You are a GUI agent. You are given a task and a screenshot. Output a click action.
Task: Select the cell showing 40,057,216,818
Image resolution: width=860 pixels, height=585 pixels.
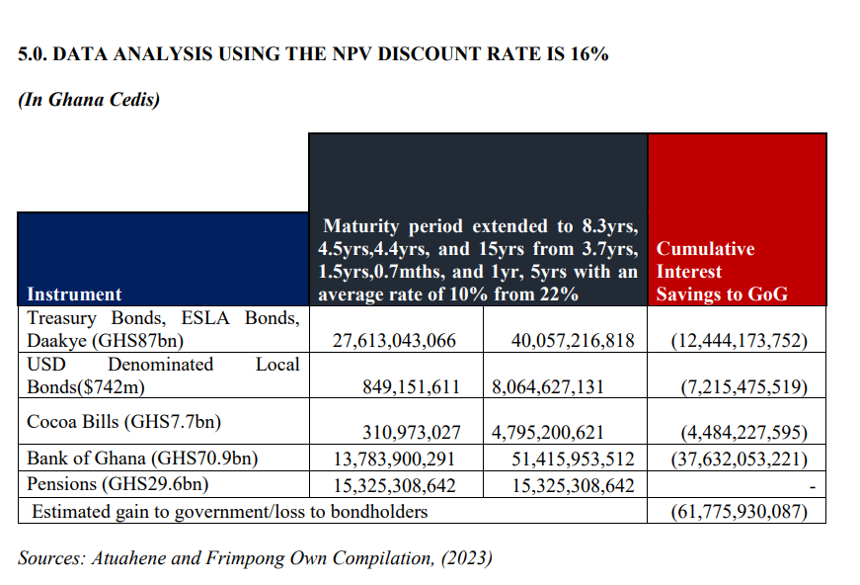point(573,341)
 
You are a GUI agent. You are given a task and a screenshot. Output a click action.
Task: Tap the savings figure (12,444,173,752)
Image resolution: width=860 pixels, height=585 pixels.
point(739,341)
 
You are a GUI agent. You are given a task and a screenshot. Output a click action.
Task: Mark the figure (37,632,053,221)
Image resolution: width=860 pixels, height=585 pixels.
point(739,459)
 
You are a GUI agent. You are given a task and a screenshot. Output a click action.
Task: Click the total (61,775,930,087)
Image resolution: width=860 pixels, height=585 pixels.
point(739,511)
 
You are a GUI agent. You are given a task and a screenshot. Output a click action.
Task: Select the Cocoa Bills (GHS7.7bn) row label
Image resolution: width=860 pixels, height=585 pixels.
point(123,421)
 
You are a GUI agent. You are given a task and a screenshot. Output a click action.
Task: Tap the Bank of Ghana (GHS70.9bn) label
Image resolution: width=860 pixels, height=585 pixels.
point(142,459)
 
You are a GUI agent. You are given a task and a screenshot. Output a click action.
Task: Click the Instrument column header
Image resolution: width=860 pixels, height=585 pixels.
point(74,293)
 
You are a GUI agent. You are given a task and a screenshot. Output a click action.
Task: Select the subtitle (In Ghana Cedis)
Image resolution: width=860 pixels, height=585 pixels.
point(89,100)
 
